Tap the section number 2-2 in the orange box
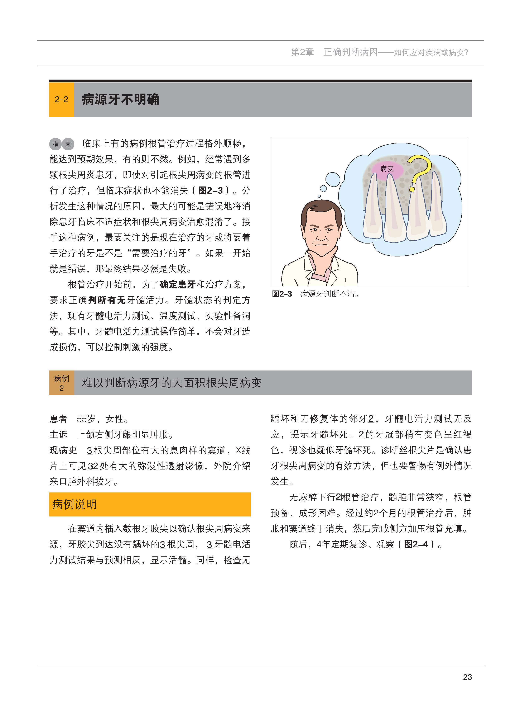tap(61, 100)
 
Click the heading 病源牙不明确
tap(120, 100)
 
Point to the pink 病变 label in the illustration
tap(387, 169)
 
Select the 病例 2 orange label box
tap(61, 383)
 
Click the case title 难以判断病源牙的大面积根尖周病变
tap(172, 383)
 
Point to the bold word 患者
tap(58, 419)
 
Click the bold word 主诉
tap(58, 435)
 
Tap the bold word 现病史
tap(63, 450)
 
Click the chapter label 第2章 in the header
tap(302, 52)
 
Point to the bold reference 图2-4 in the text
tap(416, 544)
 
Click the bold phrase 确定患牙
tap(177, 284)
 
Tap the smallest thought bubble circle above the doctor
tap(319, 196)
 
